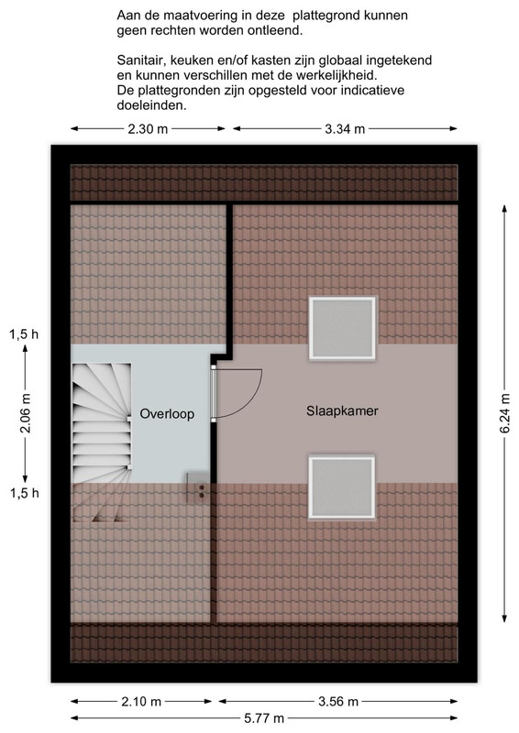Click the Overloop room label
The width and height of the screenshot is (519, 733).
(167, 414)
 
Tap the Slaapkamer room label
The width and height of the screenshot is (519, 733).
(342, 410)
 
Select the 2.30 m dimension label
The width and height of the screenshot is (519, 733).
(148, 129)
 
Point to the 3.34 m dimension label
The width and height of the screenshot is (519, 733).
(345, 129)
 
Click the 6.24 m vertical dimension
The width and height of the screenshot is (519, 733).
(505, 413)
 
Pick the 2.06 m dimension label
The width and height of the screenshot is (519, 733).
(26, 413)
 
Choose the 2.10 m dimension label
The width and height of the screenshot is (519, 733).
(141, 701)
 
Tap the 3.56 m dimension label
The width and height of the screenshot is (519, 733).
(338, 701)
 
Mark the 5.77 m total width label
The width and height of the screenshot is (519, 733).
(264, 718)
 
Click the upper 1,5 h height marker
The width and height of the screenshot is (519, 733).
(25, 334)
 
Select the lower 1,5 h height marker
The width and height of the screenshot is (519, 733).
(25, 493)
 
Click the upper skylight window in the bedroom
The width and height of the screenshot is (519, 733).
(342, 328)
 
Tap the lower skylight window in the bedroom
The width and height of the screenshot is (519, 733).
(342, 487)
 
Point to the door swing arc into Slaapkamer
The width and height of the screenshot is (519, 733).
(253, 398)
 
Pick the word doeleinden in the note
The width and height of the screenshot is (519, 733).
(151, 105)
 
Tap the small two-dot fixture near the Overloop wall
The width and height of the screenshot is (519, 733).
(202, 491)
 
